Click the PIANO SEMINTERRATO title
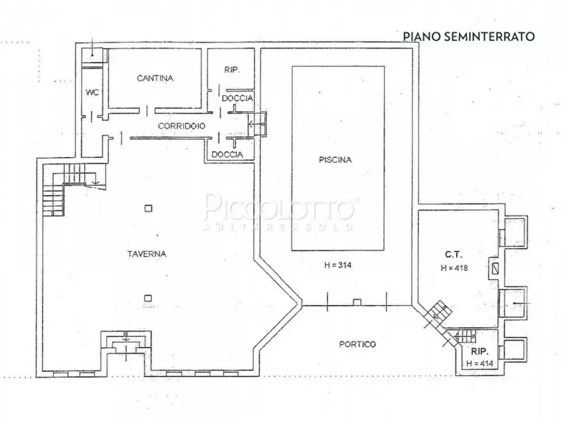pos(468,36)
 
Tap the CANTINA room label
pos(155,79)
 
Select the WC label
pos(92,92)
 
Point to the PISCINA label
pos(335,160)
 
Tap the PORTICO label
pos(357,344)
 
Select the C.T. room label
pos(454,254)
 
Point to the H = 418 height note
pos(455,268)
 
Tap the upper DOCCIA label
pos(237,99)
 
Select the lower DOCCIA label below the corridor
pos(227,155)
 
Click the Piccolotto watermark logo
pos(280,210)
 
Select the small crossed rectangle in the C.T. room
pos(495,268)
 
